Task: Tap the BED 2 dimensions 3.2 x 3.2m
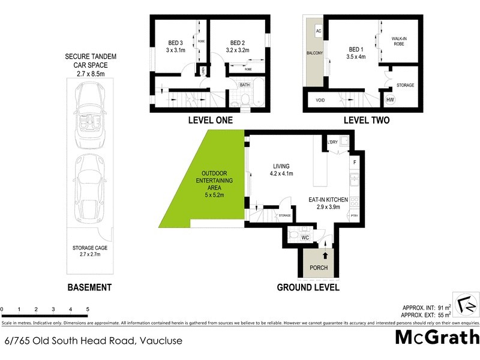coord(239,51)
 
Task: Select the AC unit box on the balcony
coord(319,31)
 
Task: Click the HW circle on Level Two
coord(390,100)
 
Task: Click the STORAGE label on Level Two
coord(406,86)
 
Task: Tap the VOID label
coord(320,100)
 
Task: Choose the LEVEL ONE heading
coord(210,120)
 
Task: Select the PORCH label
coord(318,268)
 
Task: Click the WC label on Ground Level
coord(305,238)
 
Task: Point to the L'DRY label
coord(332,142)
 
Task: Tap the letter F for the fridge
coord(355,163)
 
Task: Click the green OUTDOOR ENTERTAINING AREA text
coord(218,179)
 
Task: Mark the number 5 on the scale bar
coord(88,310)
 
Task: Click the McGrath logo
coord(437,337)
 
